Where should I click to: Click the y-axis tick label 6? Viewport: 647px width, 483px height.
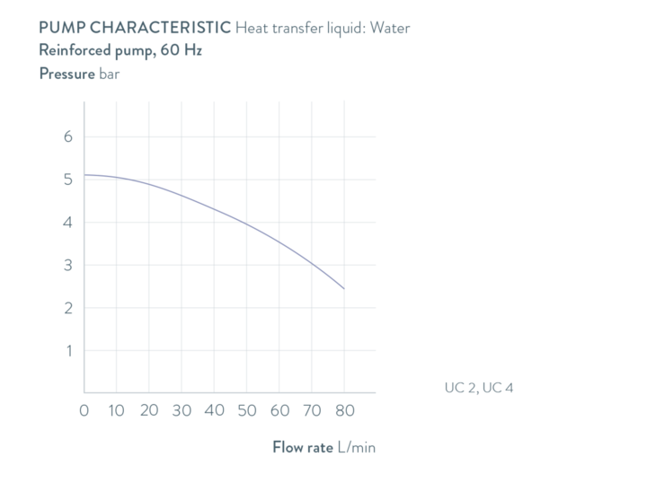pos(66,137)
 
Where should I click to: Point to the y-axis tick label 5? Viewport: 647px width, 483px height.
pos(66,180)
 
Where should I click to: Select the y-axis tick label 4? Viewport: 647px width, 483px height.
pos(66,223)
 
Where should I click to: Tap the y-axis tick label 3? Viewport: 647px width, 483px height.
pos(66,265)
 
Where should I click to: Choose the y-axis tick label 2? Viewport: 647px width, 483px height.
pos(66,308)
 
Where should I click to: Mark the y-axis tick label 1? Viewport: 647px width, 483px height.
pos(66,350)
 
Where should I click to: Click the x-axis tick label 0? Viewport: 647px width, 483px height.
pos(84,411)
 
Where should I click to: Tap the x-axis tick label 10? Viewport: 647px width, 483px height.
pos(117,411)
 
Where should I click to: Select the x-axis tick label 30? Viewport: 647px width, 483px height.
pos(182,411)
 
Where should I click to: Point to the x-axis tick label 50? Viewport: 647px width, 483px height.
pos(246,411)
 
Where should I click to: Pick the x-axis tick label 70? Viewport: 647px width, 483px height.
pos(311,411)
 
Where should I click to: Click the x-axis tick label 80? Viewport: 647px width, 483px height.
pos(343,411)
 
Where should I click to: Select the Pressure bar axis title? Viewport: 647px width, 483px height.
pos(79,74)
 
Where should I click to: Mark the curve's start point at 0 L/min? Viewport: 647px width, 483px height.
pos(84,175)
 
